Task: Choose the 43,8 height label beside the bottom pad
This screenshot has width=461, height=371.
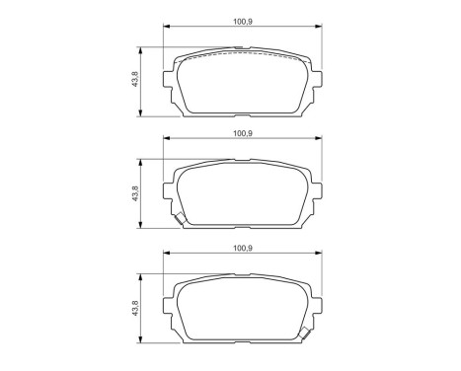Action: [135, 310]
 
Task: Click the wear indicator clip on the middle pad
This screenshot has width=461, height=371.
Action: [179, 222]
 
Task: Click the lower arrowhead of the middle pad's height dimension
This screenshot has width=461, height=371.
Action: [144, 227]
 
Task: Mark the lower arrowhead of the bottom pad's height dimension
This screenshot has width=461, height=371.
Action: [144, 341]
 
